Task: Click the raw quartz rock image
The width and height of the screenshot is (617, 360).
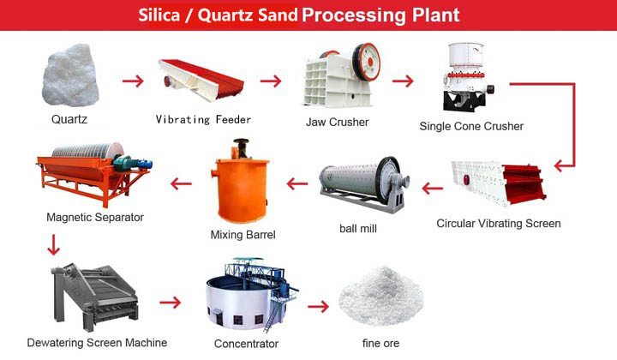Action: coord(70,75)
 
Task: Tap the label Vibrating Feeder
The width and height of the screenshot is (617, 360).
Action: coord(203,120)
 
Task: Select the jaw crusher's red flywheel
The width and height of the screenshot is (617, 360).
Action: coord(367,62)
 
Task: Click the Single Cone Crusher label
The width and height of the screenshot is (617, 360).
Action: coord(471,126)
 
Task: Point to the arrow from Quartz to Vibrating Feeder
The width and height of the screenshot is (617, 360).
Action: coord(133,81)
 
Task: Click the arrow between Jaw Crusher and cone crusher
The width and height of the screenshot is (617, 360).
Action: coord(403,81)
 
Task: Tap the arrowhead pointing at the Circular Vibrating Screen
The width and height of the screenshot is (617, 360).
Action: coord(560,165)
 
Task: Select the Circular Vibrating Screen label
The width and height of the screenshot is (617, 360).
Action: coord(499,224)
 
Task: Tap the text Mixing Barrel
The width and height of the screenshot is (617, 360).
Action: coord(243,235)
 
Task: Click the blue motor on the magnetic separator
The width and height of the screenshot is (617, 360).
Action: coord(144,164)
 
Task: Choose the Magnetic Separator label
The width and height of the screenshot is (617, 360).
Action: coord(95,217)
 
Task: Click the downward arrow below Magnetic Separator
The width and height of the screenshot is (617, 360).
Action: coord(53,245)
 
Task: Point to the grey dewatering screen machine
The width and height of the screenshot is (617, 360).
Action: coord(94,297)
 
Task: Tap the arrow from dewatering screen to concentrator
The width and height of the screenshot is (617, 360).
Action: coord(171,303)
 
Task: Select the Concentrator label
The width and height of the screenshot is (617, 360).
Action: coord(246,344)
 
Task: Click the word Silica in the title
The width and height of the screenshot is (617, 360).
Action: coord(159,15)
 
